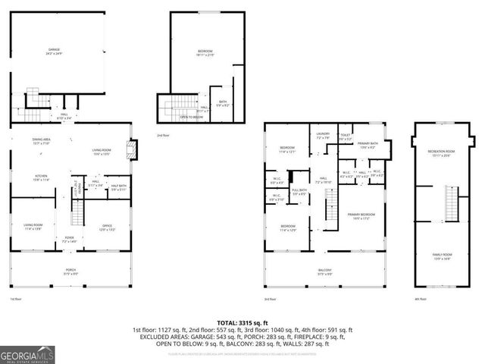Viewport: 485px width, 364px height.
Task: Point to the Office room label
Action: click(x=108, y=227)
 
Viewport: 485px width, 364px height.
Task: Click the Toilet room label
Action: click(x=345, y=137)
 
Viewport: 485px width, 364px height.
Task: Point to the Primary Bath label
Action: click(x=369, y=146)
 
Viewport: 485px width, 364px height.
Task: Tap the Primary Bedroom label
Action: click(x=360, y=216)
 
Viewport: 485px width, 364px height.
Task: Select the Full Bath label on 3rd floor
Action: click(x=299, y=193)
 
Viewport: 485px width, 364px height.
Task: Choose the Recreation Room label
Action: click(x=440, y=152)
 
